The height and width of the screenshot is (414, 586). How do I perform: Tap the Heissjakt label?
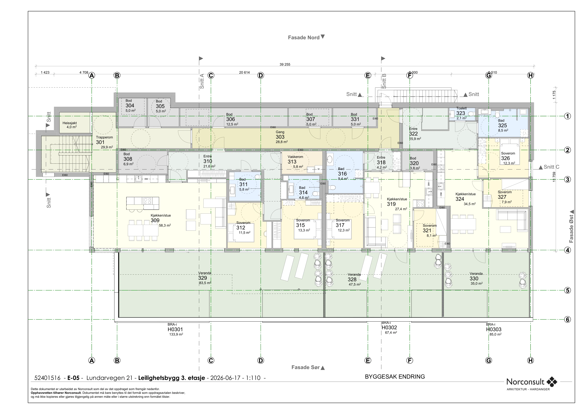70,123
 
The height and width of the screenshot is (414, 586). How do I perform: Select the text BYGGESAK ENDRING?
395,376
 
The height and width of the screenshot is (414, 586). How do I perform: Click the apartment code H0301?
175,329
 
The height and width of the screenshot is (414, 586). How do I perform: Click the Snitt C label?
551,167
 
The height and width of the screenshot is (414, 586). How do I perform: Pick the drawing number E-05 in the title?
73,378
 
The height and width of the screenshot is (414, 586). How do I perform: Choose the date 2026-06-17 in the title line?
225,378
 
